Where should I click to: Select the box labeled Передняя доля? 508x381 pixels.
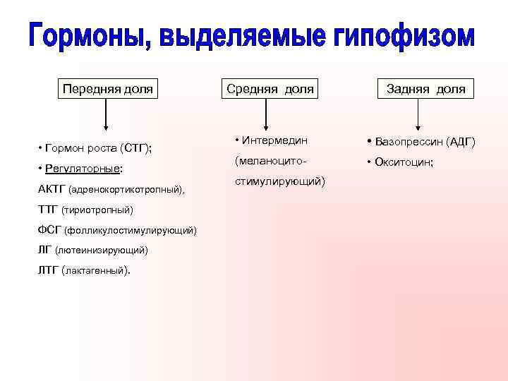pyautogui.click(x=107, y=89)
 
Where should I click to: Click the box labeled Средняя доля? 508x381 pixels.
pyautogui.click(x=269, y=89)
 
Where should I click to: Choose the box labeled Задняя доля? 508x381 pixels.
pyautogui.click(x=425, y=89)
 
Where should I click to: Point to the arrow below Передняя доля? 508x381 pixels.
pyautogui.click(x=106, y=116)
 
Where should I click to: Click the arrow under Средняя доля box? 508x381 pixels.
pyautogui.click(x=266, y=116)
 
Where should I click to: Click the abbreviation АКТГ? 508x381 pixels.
pyautogui.click(x=49, y=189)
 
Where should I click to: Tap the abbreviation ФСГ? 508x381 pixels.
pyautogui.click(x=47, y=230)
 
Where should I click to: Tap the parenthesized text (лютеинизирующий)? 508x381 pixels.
pyautogui.click(x=104, y=250)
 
